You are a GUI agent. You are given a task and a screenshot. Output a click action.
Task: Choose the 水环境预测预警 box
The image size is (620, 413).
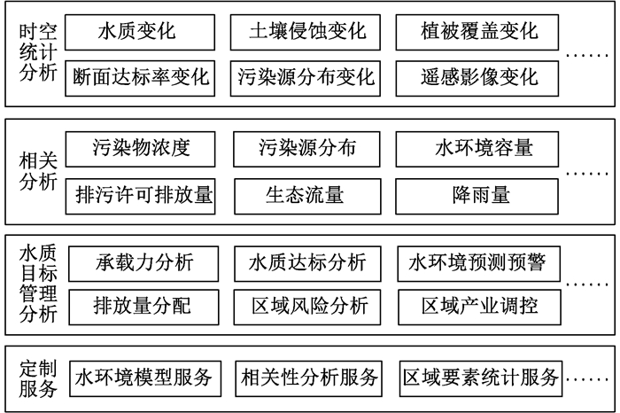pyautogui.click(x=478, y=263)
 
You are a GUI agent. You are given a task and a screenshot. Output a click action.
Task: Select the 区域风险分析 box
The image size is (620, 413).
pyautogui.click(x=307, y=307)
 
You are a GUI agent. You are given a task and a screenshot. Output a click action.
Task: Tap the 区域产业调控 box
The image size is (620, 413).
pyautogui.click(x=478, y=307)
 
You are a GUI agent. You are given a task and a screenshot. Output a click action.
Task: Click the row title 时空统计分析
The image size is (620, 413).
pyautogui.click(x=38, y=53)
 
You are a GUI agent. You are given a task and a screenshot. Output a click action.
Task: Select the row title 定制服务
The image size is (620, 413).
pyautogui.click(x=38, y=378)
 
